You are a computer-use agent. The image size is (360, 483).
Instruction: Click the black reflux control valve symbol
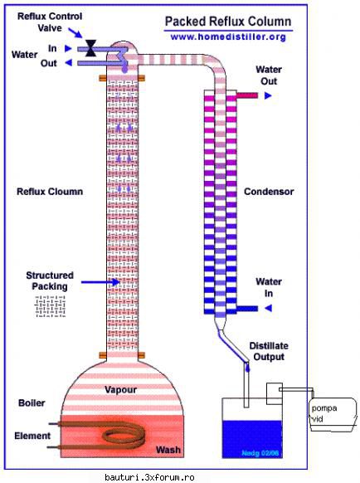click(x=91, y=48)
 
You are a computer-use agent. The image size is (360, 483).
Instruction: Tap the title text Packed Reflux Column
click(x=228, y=22)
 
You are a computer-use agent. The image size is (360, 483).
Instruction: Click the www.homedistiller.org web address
click(x=228, y=37)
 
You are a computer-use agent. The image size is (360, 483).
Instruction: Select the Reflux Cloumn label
click(x=50, y=192)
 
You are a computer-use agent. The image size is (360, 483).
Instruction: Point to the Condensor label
click(x=269, y=192)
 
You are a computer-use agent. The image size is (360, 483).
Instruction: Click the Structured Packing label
click(x=50, y=281)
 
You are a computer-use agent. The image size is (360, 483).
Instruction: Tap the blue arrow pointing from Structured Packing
click(x=100, y=282)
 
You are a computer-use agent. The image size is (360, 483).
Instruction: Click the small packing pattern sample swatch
click(x=51, y=306)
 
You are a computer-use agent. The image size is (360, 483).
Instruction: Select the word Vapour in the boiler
click(x=121, y=390)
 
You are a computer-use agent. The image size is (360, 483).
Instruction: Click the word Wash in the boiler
click(x=168, y=450)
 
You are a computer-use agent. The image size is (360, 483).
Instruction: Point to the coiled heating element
click(x=102, y=435)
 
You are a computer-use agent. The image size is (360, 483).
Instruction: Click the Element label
click(x=32, y=436)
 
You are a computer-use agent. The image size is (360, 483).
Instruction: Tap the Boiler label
click(x=32, y=402)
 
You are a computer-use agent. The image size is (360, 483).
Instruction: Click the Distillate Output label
click(x=269, y=352)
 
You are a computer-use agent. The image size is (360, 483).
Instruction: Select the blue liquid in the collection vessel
click(x=252, y=439)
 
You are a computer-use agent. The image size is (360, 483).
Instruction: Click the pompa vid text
click(x=324, y=413)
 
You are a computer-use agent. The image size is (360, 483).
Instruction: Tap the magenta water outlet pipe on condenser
click(x=246, y=95)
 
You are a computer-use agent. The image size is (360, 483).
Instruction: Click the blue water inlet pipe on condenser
click(x=247, y=309)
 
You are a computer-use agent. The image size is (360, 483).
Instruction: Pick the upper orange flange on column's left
click(x=103, y=79)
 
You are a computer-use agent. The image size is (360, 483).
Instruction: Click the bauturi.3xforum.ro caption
click(x=149, y=477)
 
